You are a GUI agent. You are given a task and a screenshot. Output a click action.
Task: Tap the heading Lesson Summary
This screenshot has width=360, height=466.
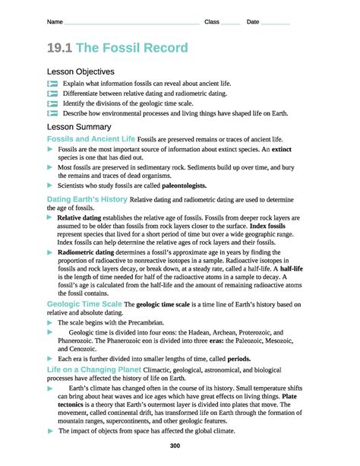(x=79, y=126)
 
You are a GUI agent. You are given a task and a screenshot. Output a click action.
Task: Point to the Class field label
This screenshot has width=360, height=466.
(x=212, y=22)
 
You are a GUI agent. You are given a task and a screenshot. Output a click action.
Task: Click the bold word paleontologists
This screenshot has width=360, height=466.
(x=176, y=185)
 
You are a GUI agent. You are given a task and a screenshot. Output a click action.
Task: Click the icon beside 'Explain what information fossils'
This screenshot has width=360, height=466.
(x=52, y=82)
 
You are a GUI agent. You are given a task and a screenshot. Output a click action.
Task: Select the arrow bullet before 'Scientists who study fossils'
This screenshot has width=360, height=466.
(x=51, y=185)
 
